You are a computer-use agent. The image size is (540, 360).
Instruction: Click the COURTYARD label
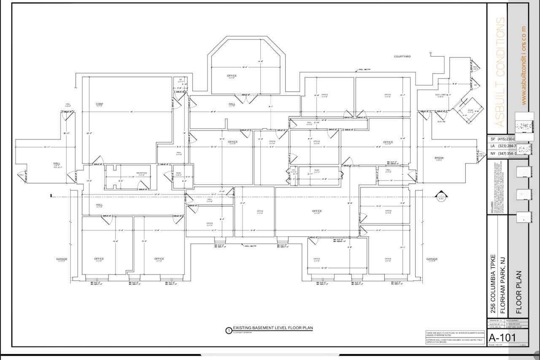402,56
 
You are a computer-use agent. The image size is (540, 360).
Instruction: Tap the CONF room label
100,104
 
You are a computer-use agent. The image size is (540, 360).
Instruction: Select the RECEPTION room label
141,173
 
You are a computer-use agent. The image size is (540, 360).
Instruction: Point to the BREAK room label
439,158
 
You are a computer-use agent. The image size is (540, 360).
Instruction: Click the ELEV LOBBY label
440,95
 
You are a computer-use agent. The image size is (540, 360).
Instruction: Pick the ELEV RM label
441,121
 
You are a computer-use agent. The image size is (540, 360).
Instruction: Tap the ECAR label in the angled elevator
470,110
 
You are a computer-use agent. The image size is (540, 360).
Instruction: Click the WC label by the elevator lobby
475,85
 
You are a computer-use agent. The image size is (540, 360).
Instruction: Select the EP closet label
181,80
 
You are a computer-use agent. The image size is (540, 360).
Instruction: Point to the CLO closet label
294,170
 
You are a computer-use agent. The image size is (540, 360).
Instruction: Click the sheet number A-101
502,338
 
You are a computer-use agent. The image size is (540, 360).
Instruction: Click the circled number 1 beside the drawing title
229,330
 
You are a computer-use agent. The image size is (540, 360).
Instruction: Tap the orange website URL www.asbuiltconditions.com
524,65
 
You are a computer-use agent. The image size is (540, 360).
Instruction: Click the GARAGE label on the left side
62,259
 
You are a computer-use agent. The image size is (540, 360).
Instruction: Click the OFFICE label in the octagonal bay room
232,76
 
